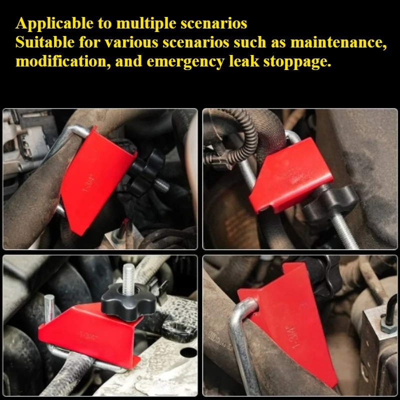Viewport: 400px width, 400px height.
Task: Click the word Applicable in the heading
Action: click(54, 24)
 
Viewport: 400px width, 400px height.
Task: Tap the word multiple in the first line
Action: click(146, 24)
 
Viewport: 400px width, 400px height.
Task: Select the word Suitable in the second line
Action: click(44, 42)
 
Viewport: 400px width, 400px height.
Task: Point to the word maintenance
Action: click(338, 42)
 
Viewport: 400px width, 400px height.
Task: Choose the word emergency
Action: click(185, 62)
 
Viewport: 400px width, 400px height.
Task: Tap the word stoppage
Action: click(297, 62)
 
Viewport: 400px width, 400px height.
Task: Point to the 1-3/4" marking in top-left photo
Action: click(88, 182)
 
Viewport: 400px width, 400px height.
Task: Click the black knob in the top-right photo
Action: click(330, 203)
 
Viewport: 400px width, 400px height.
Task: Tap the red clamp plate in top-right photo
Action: click(291, 175)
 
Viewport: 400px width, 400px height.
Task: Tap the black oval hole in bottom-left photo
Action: click(188, 352)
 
